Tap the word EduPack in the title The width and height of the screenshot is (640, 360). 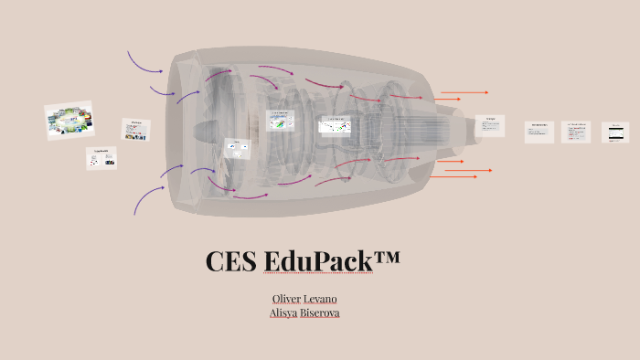pos(319,261)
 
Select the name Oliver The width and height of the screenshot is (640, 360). pos(286,299)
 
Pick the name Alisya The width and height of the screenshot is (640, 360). pos(284,312)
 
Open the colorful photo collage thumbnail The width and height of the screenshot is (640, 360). pos(69,121)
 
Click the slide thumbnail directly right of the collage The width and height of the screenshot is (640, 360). pos(136,129)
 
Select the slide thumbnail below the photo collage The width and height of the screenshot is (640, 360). pos(101,157)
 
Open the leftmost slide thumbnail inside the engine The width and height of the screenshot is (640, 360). pos(238,149)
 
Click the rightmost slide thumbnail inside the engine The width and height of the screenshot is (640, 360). pos(334,125)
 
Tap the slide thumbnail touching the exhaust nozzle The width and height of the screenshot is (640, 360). pos(489,125)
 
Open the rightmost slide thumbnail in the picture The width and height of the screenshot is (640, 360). pos(615,132)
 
